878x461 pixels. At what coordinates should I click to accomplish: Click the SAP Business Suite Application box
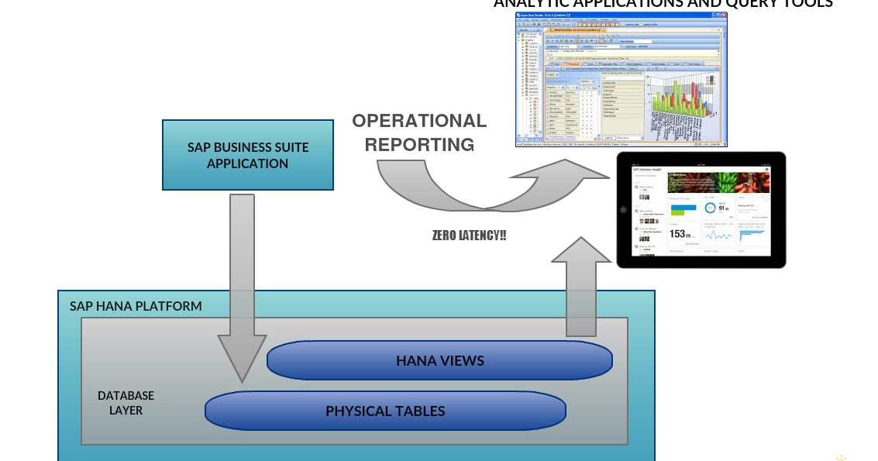248,155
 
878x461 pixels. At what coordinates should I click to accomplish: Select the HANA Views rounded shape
439,361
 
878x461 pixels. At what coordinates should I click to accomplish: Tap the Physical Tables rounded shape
385,411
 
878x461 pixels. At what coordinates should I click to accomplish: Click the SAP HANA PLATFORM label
136,306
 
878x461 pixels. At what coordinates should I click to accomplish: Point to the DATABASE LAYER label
126,403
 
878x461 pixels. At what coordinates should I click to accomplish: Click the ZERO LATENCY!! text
469,235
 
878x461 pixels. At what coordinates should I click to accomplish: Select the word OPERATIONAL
419,121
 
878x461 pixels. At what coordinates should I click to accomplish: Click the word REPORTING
419,145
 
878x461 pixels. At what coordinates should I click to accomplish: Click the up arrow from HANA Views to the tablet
580,287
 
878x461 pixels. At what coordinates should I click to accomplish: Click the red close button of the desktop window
724,16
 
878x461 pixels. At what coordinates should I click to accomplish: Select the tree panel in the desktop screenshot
530,85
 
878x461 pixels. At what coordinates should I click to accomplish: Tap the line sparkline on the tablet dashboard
718,236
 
